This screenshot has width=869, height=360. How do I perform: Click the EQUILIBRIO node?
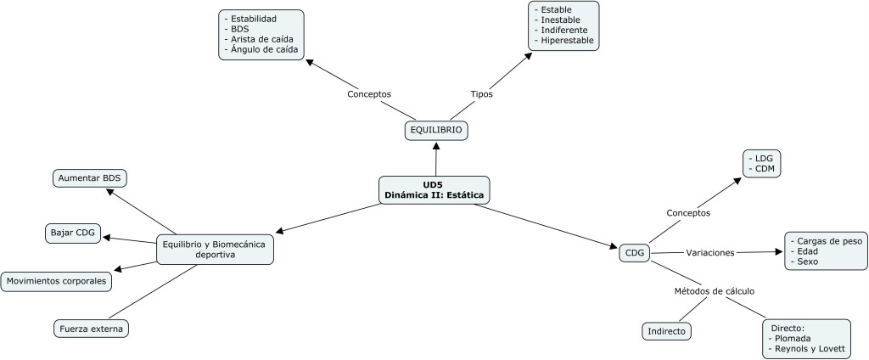pyautogui.click(x=436, y=131)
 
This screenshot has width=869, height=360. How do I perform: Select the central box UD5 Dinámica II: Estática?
pyautogui.click(x=434, y=189)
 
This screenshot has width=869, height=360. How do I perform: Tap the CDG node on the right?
pyautogui.click(x=634, y=252)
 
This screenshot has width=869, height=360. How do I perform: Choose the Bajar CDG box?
pyautogui.click(x=73, y=232)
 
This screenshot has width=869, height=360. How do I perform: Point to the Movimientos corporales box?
pyautogui.click(x=56, y=280)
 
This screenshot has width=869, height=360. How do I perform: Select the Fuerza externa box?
pyautogui.click(x=93, y=328)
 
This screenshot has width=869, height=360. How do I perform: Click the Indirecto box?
pyautogui.click(x=666, y=330)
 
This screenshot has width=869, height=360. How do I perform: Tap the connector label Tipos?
pyautogui.click(x=481, y=93)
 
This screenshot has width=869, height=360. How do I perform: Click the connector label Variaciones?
pyautogui.click(x=709, y=252)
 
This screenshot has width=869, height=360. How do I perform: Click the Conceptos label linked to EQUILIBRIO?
pyautogui.click(x=369, y=93)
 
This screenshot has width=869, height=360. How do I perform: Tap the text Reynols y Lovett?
pyautogui.click(x=807, y=349)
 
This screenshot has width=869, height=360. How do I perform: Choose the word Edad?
pyautogui.click(x=806, y=251)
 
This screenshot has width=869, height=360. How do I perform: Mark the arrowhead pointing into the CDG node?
pyautogui.click(x=614, y=247)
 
